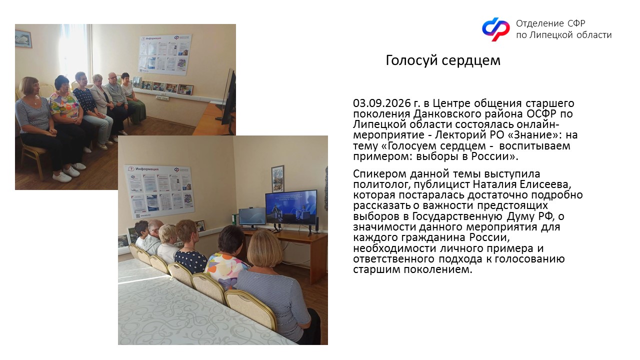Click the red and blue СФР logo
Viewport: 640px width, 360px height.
pyautogui.click(x=495, y=29)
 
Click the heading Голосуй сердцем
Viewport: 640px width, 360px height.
pyautogui.click(x=443, y=60)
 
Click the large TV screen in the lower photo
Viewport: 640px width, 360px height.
pyautogui.click(x=291, y=207)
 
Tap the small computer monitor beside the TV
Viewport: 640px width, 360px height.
pyautogui.click(x=251, y=216)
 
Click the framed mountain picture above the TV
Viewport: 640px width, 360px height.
pyautogui.click(x=277, y=178)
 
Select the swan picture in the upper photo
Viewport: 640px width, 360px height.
pyautogui.click(x=23, y=39)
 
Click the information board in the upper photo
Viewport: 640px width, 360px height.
pyautogui.click(x=165, y=54)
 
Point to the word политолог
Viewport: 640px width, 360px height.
pyautogui.click(x=379, y=185)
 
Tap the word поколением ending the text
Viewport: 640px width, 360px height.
pyautogui.click(x=438, y=269)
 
